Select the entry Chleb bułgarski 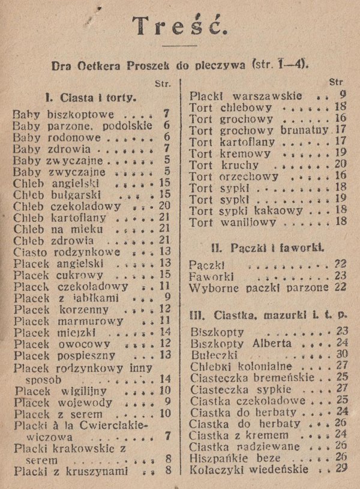55,194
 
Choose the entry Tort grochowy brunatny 259,130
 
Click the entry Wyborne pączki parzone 260,287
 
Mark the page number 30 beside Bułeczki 342,355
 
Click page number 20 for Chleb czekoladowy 165,205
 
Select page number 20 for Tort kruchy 341,164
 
